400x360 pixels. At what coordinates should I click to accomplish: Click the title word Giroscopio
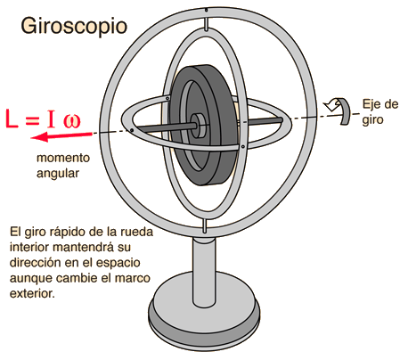(74, 27)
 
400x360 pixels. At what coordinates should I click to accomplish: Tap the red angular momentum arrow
(61, 136)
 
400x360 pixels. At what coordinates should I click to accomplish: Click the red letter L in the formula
(12, 119)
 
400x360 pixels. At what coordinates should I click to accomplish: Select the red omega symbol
(71, 121)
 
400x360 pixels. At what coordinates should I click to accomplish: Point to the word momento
(63, 158)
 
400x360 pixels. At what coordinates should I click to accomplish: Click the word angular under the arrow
(58, 173)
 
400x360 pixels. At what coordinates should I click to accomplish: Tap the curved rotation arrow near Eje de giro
(339, 110)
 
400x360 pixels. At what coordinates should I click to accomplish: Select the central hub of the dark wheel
(198, 126)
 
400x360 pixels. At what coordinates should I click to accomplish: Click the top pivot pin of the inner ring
(206, 24)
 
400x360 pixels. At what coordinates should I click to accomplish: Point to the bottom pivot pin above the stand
(204, 226)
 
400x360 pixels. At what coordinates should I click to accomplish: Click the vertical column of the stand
(204, 271)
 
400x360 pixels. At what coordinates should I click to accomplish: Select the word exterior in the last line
(32, 293)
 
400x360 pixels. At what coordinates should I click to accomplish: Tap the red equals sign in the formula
(32, 120)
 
